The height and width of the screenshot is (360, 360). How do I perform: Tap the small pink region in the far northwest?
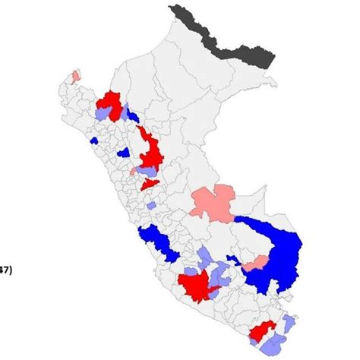(74, 76)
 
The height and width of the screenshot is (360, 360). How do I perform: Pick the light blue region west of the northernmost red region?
(104, 113)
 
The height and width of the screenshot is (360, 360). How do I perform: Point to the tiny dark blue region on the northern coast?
(94, 140)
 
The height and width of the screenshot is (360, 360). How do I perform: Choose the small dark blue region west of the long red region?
(122, 152)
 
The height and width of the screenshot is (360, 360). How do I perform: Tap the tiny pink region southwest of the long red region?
(133, 171)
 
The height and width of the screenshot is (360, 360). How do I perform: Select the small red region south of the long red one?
(150, 183)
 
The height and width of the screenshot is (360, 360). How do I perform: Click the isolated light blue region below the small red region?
(152, 205)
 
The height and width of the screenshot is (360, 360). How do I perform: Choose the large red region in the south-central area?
(197, 286)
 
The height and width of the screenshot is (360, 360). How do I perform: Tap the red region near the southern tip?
(262, 331)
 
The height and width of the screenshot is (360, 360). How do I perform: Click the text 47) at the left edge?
(5, 268)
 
